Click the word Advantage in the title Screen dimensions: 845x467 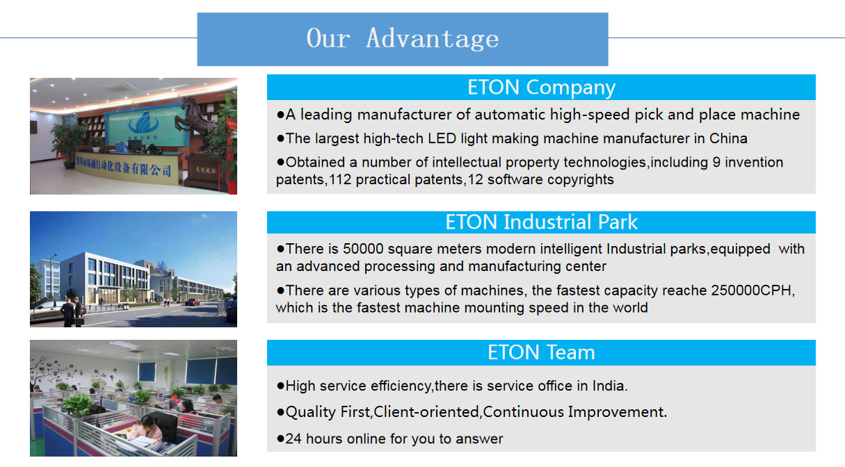(x=433, y=39)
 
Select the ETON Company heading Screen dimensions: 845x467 (x=541, y=88)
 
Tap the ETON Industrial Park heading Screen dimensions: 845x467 (x=541, y=222)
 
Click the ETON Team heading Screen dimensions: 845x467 (x=541, y=352)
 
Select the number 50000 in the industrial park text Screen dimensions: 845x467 (x=363, y=249)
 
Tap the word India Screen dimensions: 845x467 (x=608, y=386)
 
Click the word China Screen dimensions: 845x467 (x=728, y=139)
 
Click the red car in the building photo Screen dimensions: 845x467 (x=193, y=302)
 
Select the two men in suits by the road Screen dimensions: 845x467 (x=72, y=312)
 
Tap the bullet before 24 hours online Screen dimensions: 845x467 (x=280, y=439)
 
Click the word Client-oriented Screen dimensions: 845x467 (x=426, y=412)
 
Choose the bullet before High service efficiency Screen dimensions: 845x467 (x=280, y=386)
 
